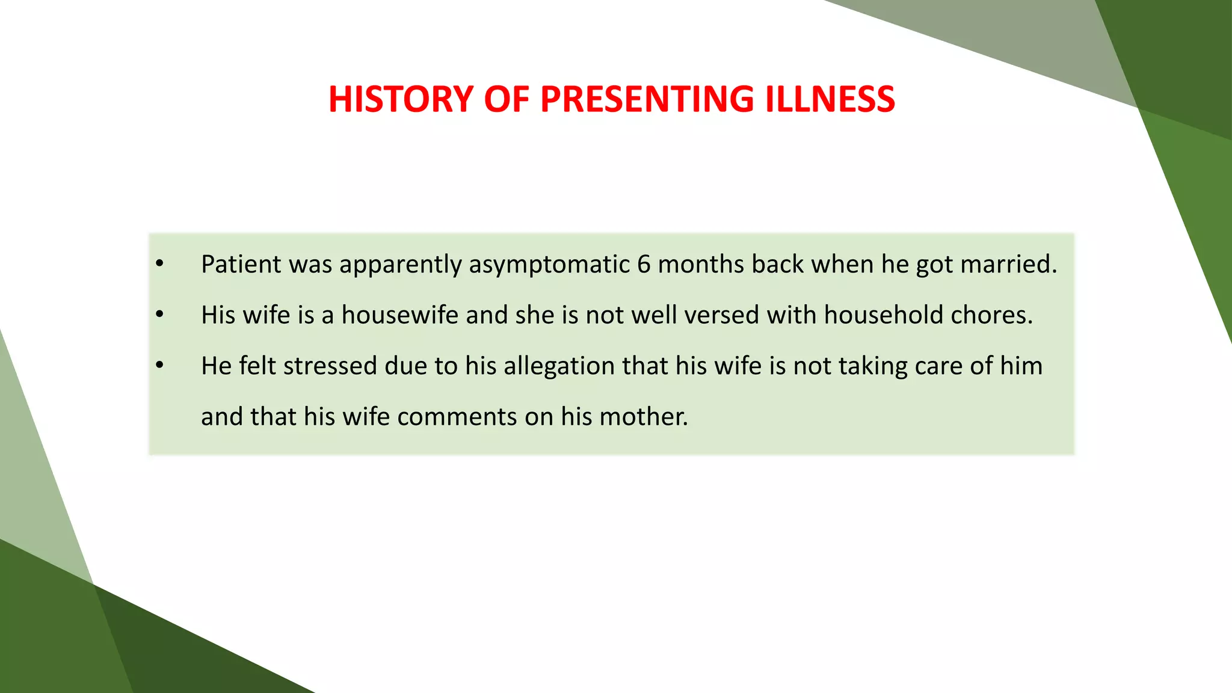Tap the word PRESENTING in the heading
(x=647, y=99)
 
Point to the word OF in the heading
(x=507, y=99)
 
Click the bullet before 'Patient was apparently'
(x=159, y=264)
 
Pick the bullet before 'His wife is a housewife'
(x=159, y=315)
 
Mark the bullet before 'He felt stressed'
(x=159, y=366)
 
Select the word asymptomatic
(x=549, y=265)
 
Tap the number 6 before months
(x=644, y=264)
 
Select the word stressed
(x=330, y=366)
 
